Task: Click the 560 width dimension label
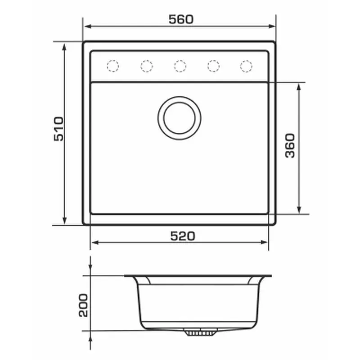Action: click(x=181, y=19)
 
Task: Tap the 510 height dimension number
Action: click(x=58, y=129)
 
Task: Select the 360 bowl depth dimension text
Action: click(x=290, y=146)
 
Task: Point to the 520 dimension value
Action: click(x=183, y=236)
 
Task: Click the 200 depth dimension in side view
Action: click(x=83, y=306)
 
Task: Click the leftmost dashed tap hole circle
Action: click(x=113, y=66)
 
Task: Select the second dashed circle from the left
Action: click(x=147, y=66)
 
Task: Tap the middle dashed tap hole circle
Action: click(x=180, y=66)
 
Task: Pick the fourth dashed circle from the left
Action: click(x=213, y=66)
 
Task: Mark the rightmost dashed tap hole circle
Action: click(x=246, y=66)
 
